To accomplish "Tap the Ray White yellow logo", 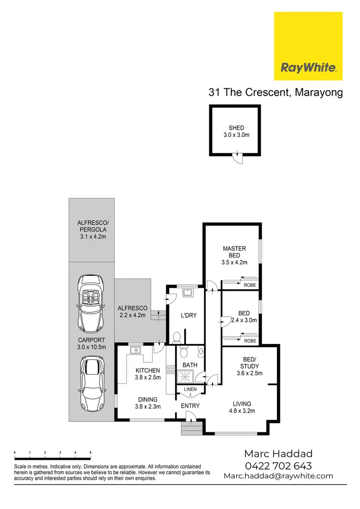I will tap(308, 46).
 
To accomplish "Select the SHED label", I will tap(236, 128).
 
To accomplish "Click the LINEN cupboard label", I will tap(190, 389).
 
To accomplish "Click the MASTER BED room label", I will tap(234, 252).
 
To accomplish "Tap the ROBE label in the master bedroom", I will tap(250, 285).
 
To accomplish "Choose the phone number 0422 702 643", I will tap(278, 465).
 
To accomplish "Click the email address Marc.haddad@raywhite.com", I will tap(278, 476).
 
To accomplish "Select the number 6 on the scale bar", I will tap(90, 452).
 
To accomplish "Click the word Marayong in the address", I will tap(318, 93).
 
